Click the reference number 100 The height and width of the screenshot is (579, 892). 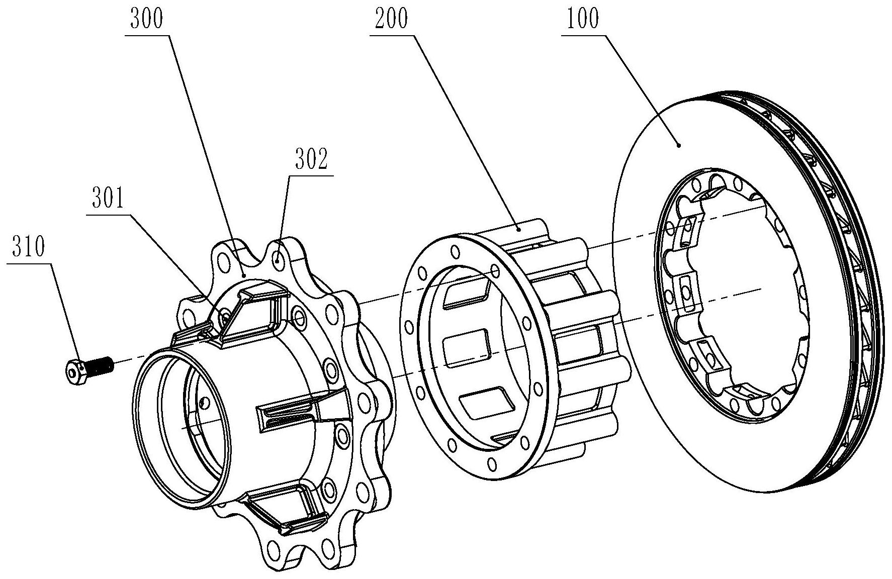point(583,21)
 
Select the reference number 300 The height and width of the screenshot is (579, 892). point(147,21)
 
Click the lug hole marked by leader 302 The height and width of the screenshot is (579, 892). point(277,260)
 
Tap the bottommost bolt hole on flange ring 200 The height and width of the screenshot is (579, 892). point(492,463)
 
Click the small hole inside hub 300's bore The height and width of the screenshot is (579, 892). point(203,402)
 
